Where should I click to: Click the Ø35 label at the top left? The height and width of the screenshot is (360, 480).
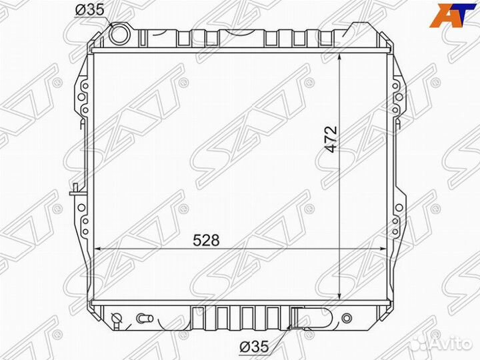point(90,10)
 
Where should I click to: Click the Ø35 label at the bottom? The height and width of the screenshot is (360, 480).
point(254,347)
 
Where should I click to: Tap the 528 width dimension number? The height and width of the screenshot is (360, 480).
point(206,240)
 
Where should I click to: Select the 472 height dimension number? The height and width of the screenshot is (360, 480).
point(331,139)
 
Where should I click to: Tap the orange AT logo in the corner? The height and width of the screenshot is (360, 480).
point(453,15)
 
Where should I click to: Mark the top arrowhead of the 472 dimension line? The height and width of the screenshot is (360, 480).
point(339,59)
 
